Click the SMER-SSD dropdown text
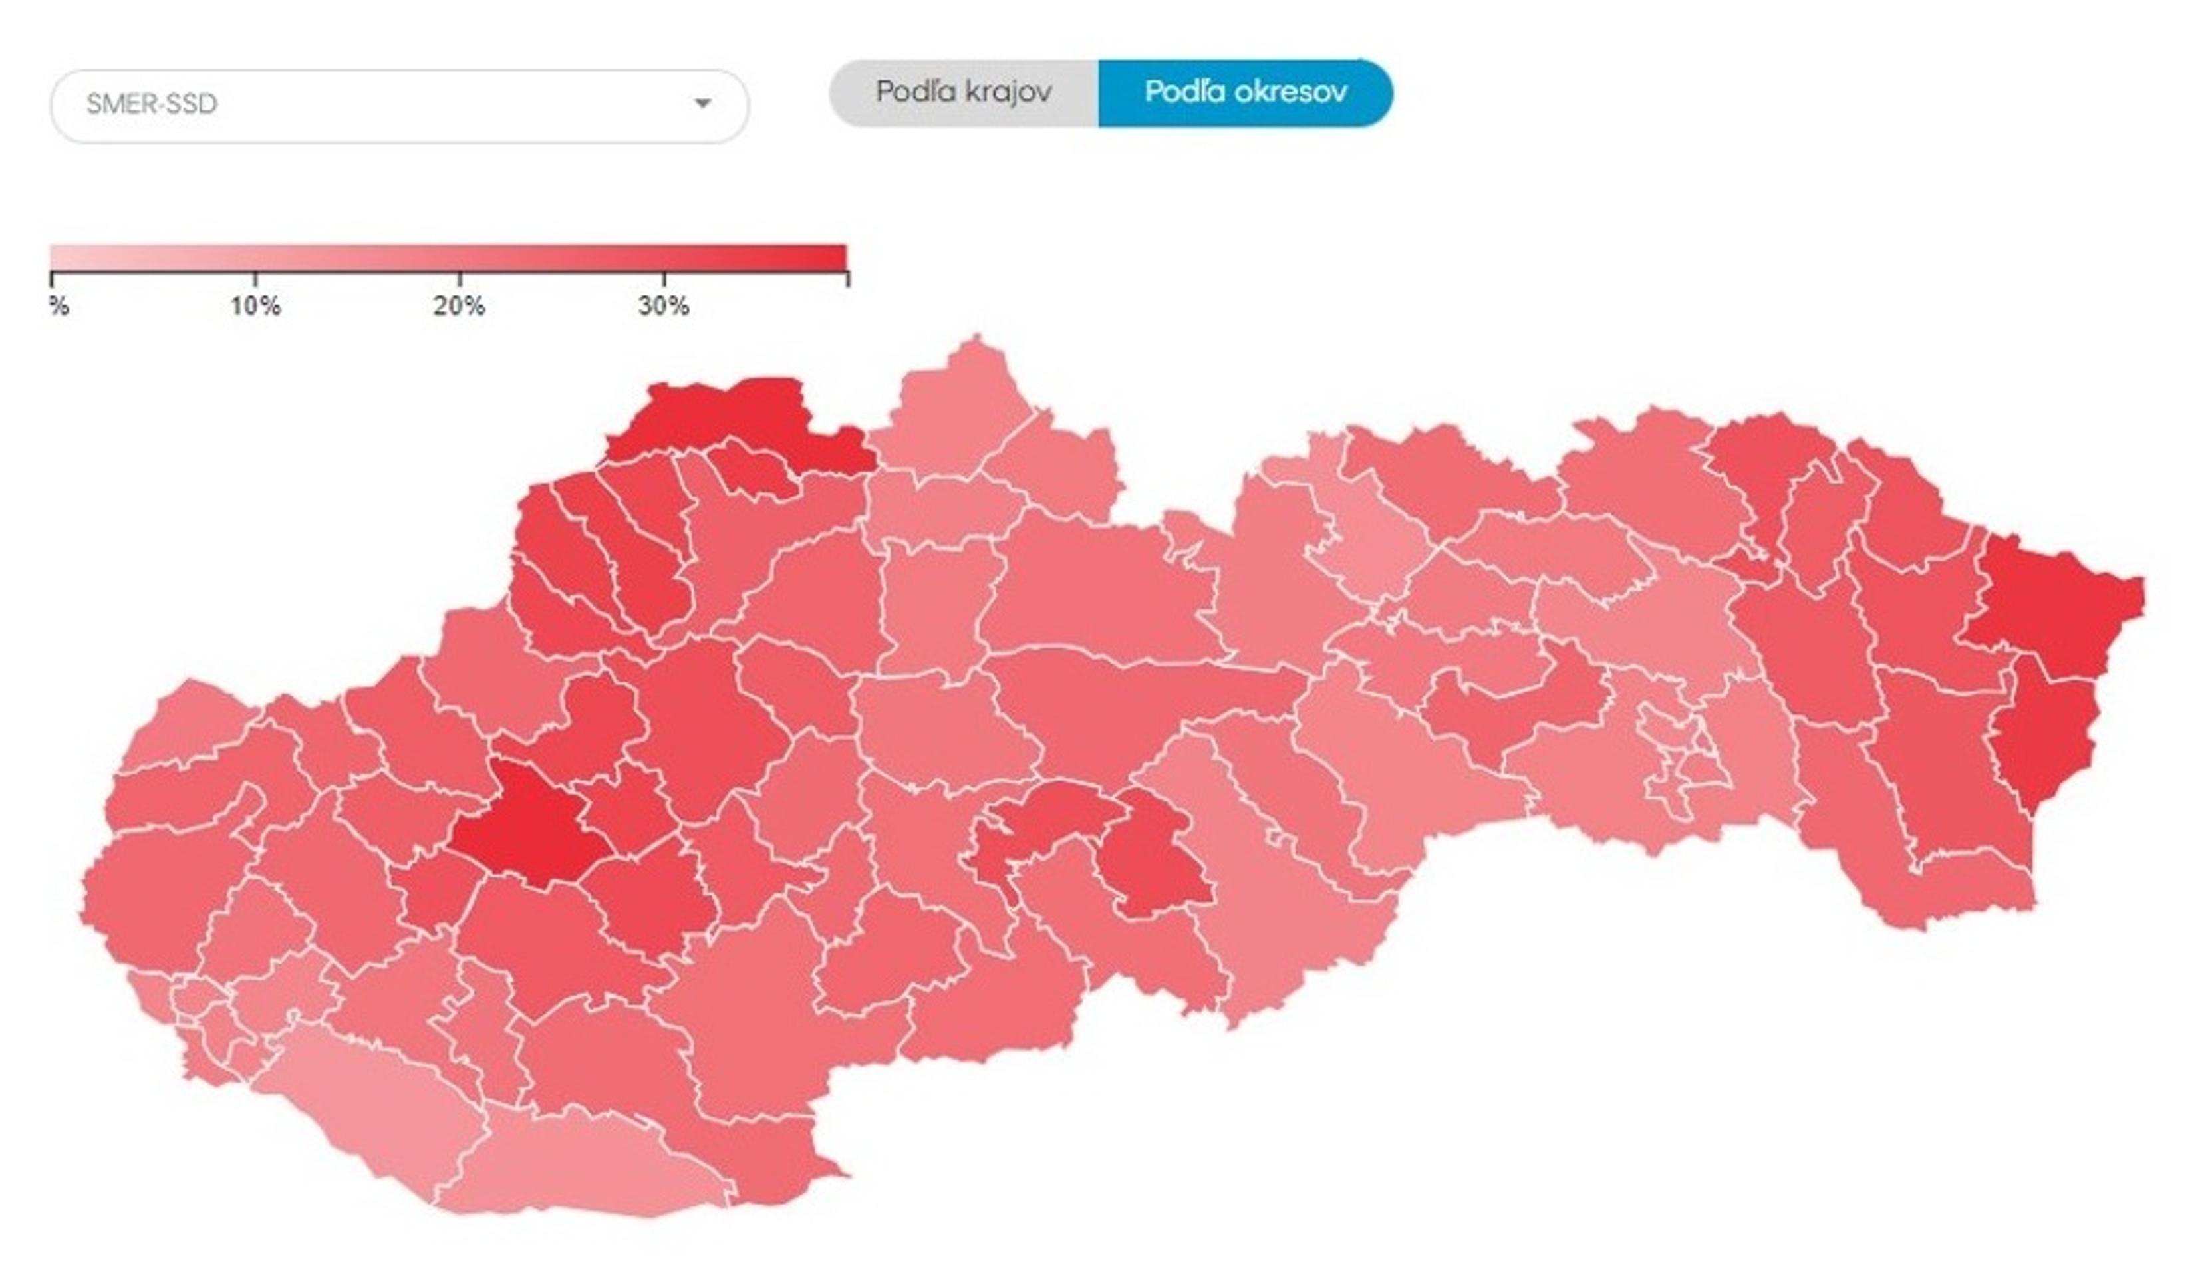click(x=151, y=104)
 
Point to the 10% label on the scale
click(x=255, y=306)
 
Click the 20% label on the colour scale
click(x=459, y=306)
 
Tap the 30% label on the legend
click(x=663, y=306)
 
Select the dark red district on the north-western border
click(x=736, y=416)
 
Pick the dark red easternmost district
click(x=2059, y=605)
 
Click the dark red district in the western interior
click(x=530, y=824)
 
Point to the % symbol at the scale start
click(x=59, y=306)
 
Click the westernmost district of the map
click(x=158, y=894)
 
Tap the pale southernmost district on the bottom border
click(x=587, y=1166)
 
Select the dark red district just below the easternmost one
click(x=2042, y=736)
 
